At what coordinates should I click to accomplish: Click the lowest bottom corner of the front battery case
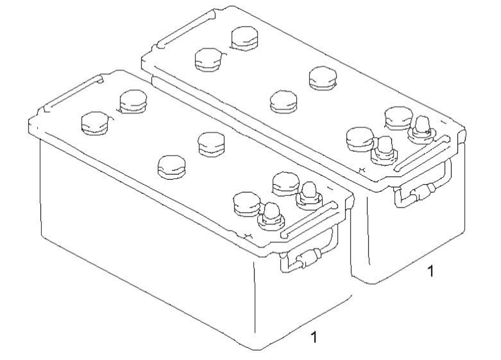[257, 350]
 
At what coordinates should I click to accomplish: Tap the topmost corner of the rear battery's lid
[233, 6]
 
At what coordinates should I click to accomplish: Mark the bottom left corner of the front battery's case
[42, 235]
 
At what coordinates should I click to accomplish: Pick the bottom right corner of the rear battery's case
[464, 233]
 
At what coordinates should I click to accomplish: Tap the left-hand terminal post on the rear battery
[384, 151]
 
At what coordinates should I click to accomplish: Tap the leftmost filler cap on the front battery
[94, 123]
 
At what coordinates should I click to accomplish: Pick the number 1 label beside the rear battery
[431, 271]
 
